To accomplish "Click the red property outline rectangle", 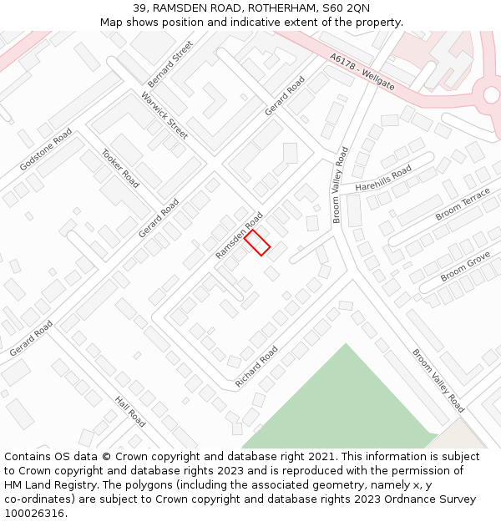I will pyautogui.click(x=257, y=242).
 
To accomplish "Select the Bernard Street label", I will pyautogui.click(x=170, y=64).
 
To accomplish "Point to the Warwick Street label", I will pyautogui.click(x=164, y=116).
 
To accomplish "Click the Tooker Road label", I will pyautogui.click(x=120, y=167).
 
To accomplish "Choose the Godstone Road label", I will pyautogui.click(x=46, y=150).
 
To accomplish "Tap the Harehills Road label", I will pyautogui.click(x=383, y=178).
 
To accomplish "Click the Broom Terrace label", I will pyautogui.click(x=463, y=205).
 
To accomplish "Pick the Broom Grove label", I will pyautogui.click(x=465, y=265).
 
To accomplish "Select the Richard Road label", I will pyautogui.click(x=256, y=367).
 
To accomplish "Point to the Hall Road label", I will pyautogui.click(x=130, y=412).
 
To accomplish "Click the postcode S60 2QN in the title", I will pyautogui.click(x=345, y=8).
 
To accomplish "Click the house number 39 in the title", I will pyautogui.click(x=139, y=8).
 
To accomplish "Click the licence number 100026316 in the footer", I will pyautogui.click(x=34, y=514).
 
